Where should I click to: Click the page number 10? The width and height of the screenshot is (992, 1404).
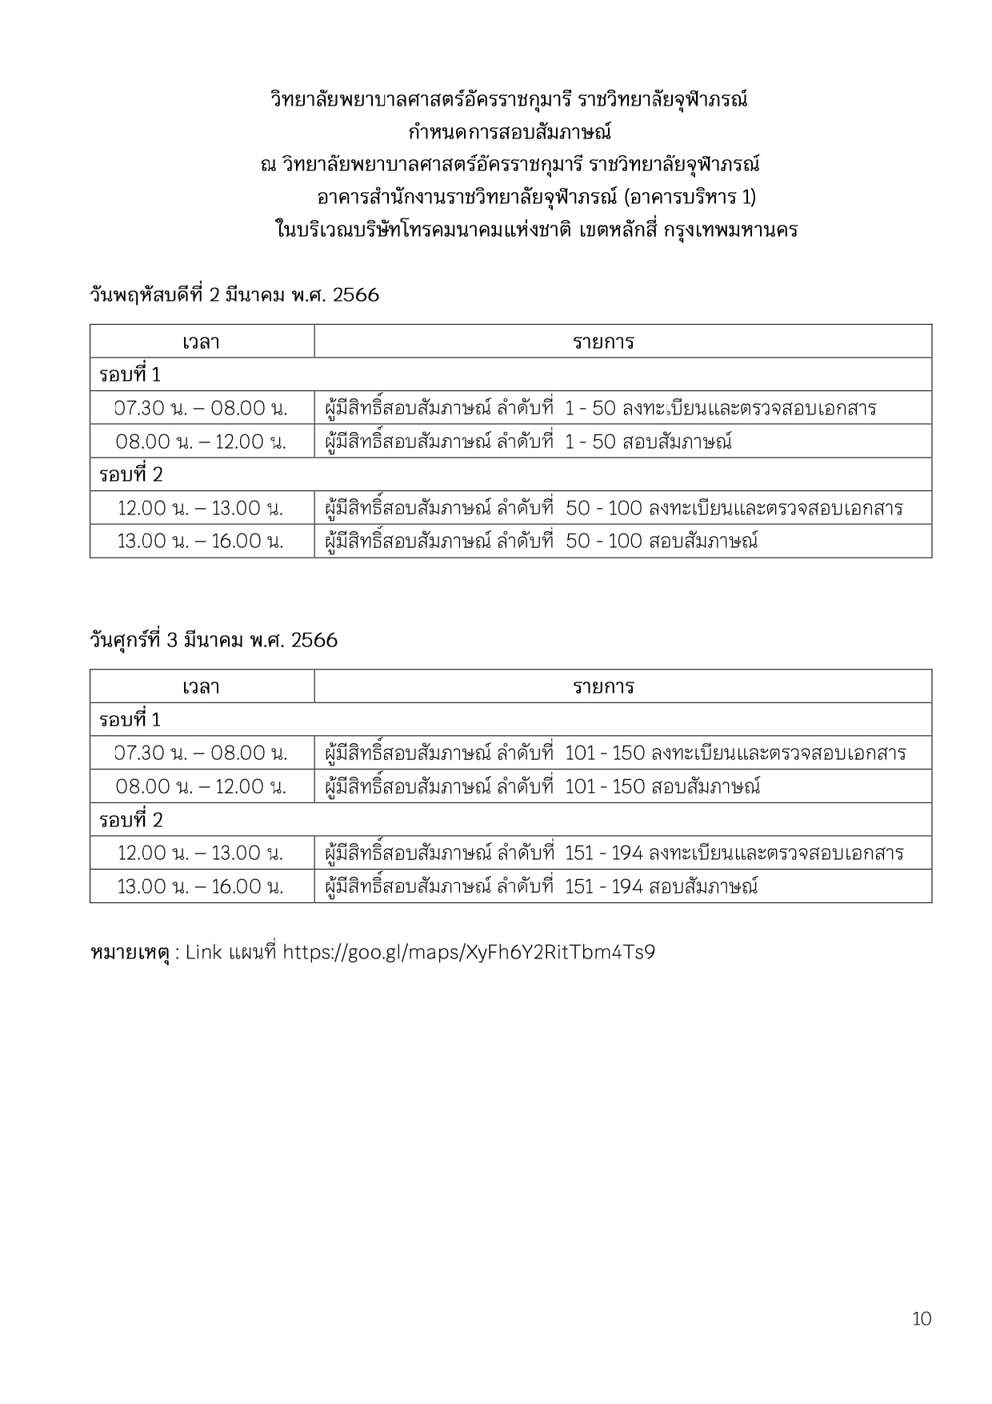(x=922, y=1318)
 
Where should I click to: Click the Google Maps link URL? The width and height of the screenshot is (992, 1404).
(x=469, y=952)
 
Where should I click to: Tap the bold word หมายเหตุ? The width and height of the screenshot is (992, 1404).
(x=131, y=952)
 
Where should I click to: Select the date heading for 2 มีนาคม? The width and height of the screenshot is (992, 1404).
(x=234, y=294)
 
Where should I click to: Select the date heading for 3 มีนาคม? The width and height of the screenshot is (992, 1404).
(x=214, y=640)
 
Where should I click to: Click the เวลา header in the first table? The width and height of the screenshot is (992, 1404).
(x=201, y=342)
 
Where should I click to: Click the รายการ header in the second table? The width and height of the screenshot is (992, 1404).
(x=603, y=687)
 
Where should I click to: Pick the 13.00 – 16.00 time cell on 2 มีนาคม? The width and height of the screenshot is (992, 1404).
(x=201, y=542)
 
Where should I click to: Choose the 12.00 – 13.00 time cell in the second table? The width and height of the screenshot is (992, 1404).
(x=201, y=853)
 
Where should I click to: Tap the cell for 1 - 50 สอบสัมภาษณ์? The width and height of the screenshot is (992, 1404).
(x=528, y=442)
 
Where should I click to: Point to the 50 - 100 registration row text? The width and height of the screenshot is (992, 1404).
(x=614, y=508)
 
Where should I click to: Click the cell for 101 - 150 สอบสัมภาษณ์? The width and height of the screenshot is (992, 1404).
(x=542, y=786)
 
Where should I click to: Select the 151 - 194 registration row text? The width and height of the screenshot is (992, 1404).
(x=614, y=853)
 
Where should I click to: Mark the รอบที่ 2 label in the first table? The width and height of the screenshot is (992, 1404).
(x=131, y=475)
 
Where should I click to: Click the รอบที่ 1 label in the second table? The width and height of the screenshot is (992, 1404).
(x=130, y=720)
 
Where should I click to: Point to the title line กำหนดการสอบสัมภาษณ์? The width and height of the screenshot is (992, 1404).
(x=510, y=131)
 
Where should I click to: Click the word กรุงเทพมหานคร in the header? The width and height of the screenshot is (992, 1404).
(x=730, y=230)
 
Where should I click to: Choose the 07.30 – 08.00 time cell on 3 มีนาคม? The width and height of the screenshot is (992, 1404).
(x=201, y=753)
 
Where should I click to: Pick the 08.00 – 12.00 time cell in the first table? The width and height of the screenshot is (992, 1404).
(x=201, y=442)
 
